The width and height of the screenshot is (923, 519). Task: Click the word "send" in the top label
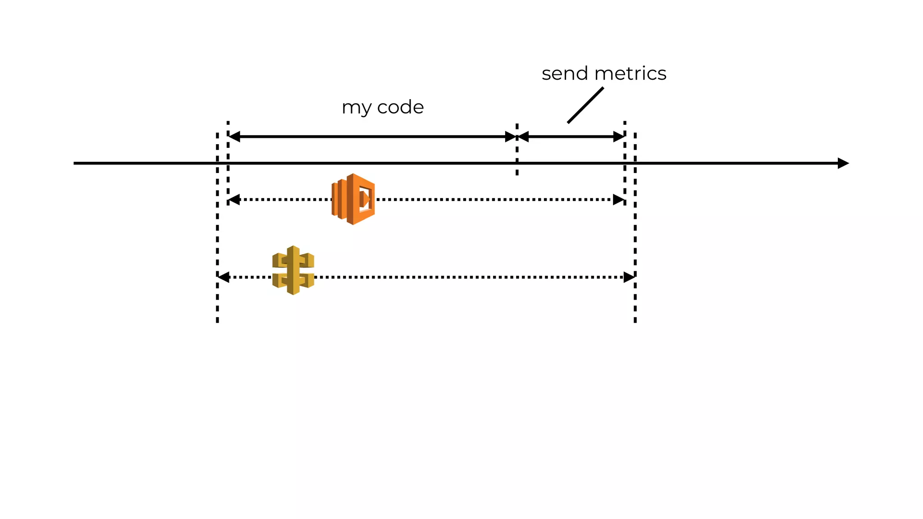[x=565, y=73]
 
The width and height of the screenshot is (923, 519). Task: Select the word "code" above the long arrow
[x=400, y=107]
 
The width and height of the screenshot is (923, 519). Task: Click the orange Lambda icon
[x=353, y=199]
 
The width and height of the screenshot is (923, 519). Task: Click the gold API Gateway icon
[x=293, y=270]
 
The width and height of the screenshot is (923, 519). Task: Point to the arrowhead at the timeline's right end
[x=843, y=163]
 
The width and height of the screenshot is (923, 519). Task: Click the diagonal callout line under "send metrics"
[x=585, y=105]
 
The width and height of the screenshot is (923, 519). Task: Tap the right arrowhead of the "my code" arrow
[x=510, y=137]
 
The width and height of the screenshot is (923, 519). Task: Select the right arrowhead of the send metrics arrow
[x=619, y=137]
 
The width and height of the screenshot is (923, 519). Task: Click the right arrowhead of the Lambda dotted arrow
[x=619, y=200]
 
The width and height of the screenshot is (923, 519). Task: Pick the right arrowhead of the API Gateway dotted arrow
[x=629, y=277]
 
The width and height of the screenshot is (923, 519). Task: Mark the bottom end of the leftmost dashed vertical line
[x=217, y=321]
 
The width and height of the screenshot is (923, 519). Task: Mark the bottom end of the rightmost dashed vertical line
[x=635, y=321]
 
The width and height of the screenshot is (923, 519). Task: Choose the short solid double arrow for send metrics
[x=571, y=137]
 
